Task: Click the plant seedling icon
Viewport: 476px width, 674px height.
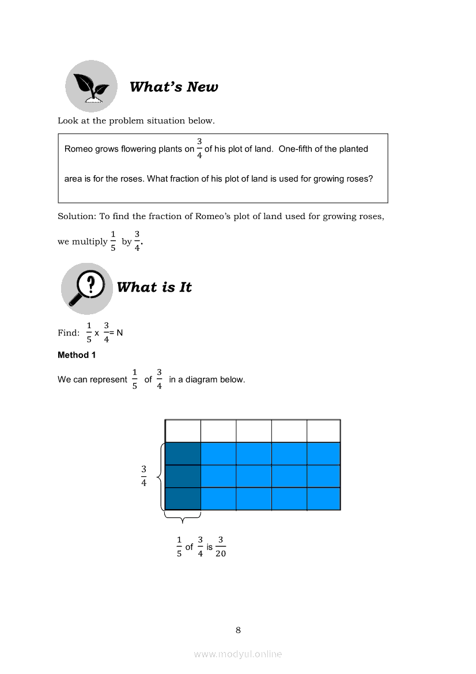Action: pyautogui.click(x=91, y=86)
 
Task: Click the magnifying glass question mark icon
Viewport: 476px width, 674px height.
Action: pyautogui.click(x=86, y=288)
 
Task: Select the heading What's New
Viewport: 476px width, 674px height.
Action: pyautogui.click(x=173, y=87)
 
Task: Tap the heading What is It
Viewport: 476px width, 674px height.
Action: pyautogui.click(x=154, y=287)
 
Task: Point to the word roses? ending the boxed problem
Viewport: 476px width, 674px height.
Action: pyautogui.click(x=360, y=179)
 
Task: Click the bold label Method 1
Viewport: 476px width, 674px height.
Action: pyautogui.click(x=77, y=355)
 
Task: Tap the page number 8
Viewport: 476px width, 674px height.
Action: pyautogui.click(x=238, y=630)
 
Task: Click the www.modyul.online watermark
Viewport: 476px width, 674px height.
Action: pyautogui.click(x=238, y=654)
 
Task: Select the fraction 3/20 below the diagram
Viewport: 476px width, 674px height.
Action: pyautogui.click(x=221, y=547)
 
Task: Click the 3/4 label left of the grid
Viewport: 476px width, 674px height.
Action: pyautogui.click(x=144, y=476)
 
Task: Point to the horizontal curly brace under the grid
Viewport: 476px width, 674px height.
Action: pyautogui.click(x=183, y=518)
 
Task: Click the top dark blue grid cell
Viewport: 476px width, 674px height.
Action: pyautogui.click(x=183, y=454)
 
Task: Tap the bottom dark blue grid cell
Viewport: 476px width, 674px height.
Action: pyautogui.click(x=183, y=499)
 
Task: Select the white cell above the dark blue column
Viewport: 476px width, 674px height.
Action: pyautogui.click(x=183, y=431)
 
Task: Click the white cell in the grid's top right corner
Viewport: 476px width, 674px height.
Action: pyautogui.click(x=323, y=431)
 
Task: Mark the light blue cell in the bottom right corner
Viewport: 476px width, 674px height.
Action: pyautogui.click(x=323, y=499)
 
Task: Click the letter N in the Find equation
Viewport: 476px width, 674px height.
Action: pyautogui.click(x=120, y=333)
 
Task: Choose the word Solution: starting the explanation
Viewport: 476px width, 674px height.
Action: pyautogui.click(x=77, y=217)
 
